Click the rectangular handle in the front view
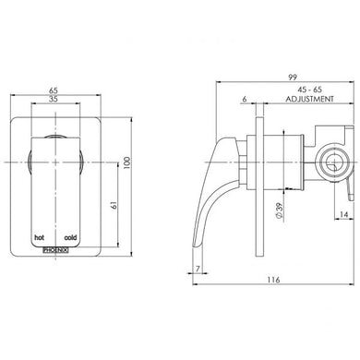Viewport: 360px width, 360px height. (58, 194)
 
